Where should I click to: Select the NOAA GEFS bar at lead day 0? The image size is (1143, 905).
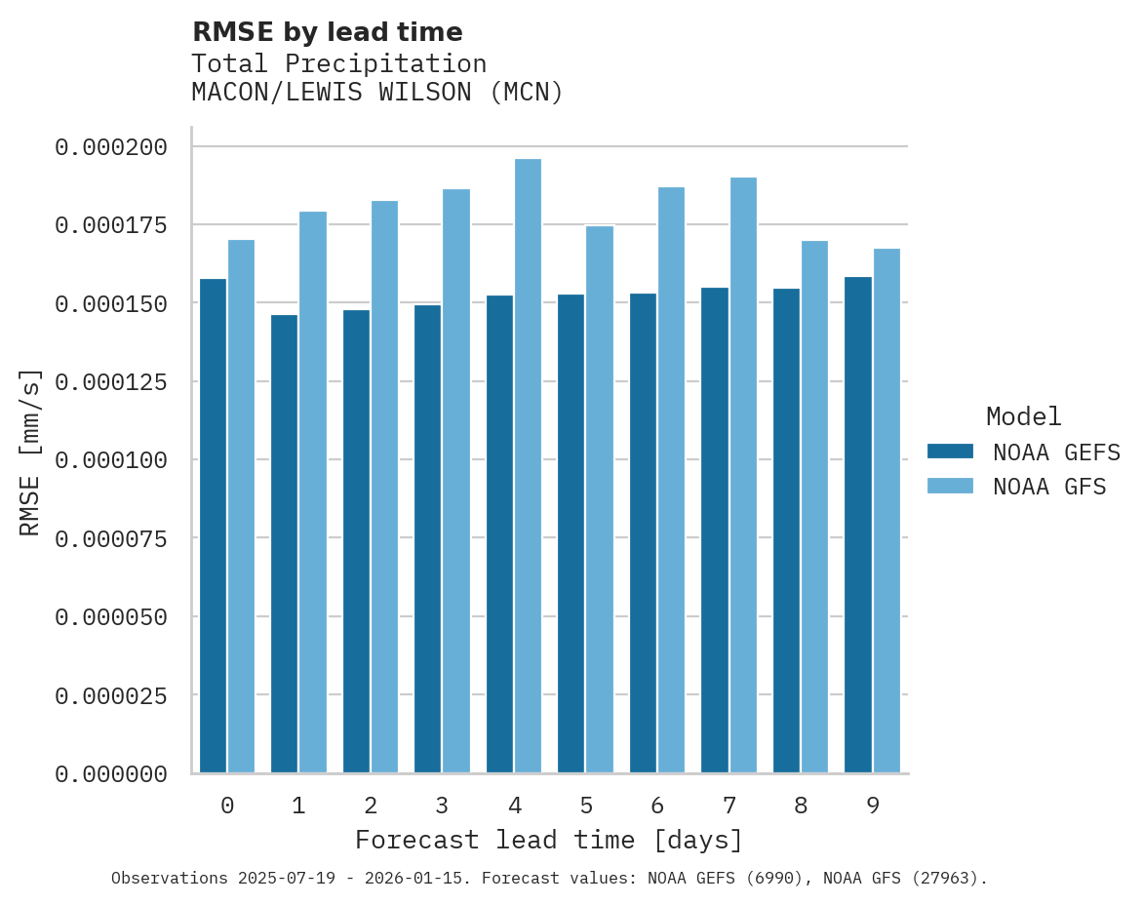tap(213, 526)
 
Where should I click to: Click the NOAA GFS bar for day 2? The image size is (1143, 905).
tap(384, 487)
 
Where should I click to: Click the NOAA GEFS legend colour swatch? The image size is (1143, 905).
tap(950, 452)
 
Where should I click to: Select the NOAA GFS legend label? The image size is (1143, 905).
tap(1049, 487)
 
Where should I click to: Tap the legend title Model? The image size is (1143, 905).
tap(1023, 416)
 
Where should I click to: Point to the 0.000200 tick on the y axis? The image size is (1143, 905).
tap(111, 147)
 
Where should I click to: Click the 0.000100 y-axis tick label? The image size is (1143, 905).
tap(111, 459)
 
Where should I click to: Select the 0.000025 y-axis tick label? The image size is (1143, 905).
tap(111, 695)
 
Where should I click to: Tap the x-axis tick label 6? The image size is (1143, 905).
tap(657, 806)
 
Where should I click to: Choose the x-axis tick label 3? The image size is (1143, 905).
tap(442, 806)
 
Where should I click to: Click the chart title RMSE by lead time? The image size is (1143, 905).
tap(327, 32)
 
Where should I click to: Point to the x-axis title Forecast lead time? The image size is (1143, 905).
tap(548, 840)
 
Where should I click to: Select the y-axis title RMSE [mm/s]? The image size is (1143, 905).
tap(30, 452)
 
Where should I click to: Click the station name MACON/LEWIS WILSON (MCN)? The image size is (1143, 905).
tap(377, 93)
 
